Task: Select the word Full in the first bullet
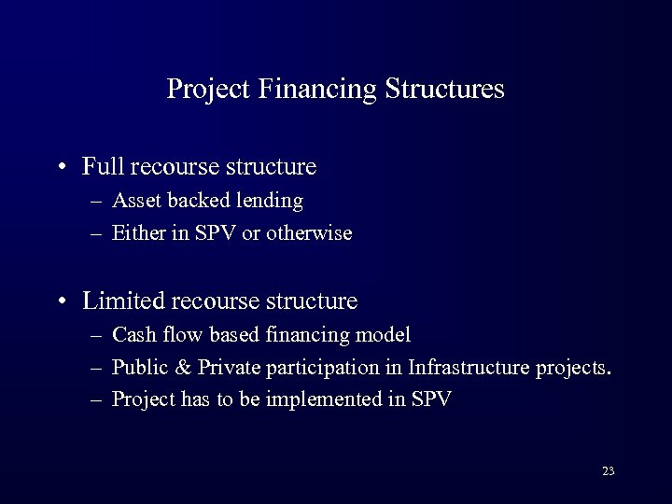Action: point(104,167)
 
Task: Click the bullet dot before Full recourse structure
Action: point(61,169)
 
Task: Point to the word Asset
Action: point(134,201)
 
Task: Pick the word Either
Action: point(136,233)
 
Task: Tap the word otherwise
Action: point(309,233)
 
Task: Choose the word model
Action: point(385,334)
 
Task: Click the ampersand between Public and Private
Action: point(177,367)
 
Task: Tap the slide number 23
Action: point(608,471)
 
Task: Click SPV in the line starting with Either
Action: point(216,233)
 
